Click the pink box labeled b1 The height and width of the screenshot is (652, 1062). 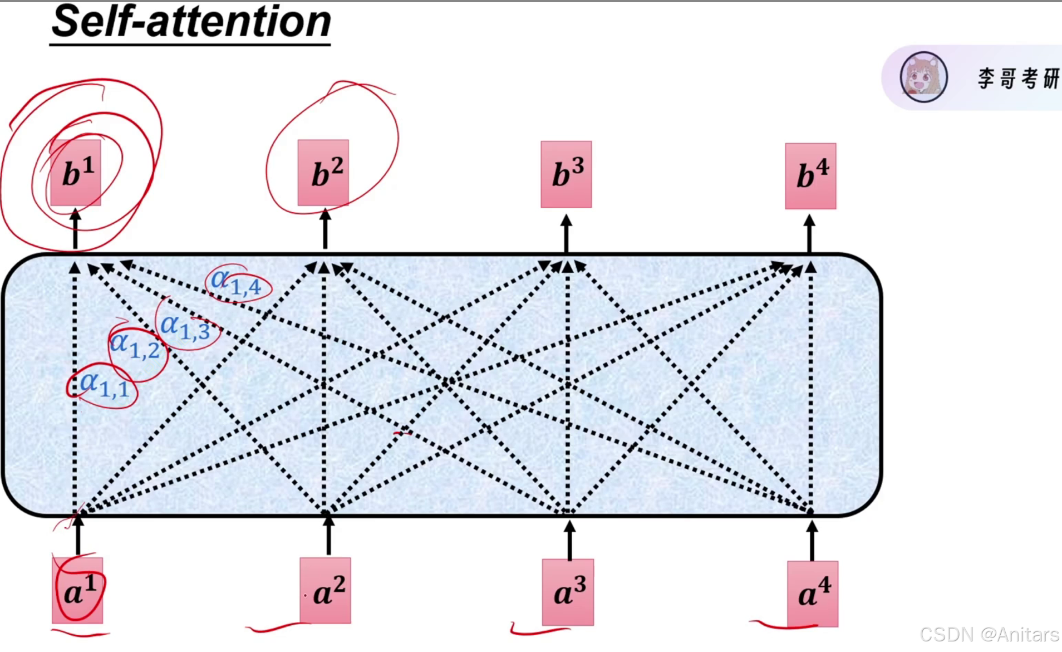[x=76, y=173]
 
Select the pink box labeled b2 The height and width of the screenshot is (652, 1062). [x=323, y=173]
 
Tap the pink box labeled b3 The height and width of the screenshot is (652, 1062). [x=566, y=174]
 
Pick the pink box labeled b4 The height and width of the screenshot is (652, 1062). [x=810, y=176]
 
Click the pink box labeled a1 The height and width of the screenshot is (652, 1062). [x=77, y=591]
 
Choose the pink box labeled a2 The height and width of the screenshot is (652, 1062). [x=326, y=590]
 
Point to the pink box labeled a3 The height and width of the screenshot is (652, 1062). [x=568, y=592]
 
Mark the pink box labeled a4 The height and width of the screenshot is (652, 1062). [x=813, y=594]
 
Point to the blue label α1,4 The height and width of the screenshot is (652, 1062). [x=236, y=282]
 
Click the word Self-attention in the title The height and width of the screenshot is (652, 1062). [x=191, y=22]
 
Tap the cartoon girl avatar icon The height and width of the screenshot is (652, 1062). [x=923, y=77]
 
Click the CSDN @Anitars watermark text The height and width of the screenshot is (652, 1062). [x=989, y=635]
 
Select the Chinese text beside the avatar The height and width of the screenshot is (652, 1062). [x=1018, y=79]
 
